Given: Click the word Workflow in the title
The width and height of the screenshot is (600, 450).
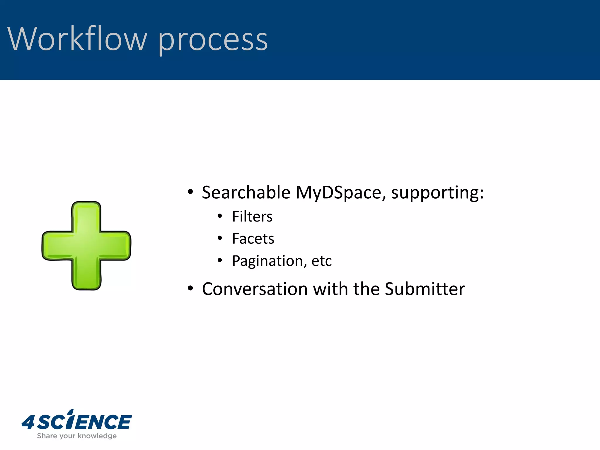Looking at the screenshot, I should pyautogui.click(x=77, y=39).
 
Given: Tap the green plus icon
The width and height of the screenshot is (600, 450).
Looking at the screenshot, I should pyautogui.click(x=86, y=246).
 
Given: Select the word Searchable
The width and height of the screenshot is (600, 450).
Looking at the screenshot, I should pyautogui.click(x=246, y=192).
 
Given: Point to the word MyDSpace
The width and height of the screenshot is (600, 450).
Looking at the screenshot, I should pyautogui.click(x=339, y=193).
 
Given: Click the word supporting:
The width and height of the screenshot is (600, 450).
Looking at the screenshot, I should pyautogui.click(x=437, y=193).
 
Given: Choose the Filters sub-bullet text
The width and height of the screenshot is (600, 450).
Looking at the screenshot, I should pyautogui.click(x=252, y=217).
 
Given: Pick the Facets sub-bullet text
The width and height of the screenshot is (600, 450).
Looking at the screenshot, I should pyautogui.click(x=253, y=239).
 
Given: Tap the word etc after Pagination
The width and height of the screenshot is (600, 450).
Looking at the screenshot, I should pyautogui.click(x=321, y=261).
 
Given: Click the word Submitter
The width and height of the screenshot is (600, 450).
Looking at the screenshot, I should pyautogui.click(x=425, y=289).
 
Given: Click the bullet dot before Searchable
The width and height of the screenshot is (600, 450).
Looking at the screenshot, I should pyautogui.click(x=190, y=192).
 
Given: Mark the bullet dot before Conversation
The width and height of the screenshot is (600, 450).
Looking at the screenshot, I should pyautogui.click(x=190, y=289).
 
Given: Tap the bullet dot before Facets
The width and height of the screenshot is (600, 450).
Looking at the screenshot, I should pyautogui.click(x=220, y=238).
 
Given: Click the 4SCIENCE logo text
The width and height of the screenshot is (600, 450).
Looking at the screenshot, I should pyautogui.click(x=85, y=422).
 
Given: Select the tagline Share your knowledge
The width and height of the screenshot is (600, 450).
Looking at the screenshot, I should pyautogui.click(x=77, y=436).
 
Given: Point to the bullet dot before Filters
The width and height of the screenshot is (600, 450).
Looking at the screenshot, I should pyautogui.click(x=220, y=216).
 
